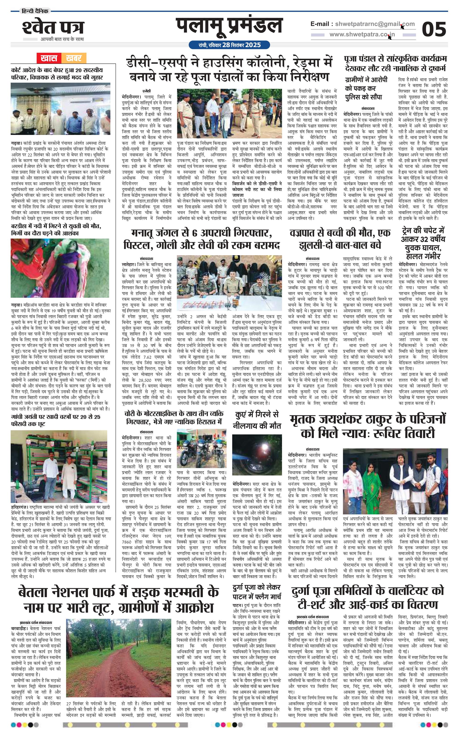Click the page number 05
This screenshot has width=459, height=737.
(434, 29)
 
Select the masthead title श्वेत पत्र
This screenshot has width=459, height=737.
(53, 28)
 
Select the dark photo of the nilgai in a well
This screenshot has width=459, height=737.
(257, 455)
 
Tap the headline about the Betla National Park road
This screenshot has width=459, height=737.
(119, 600)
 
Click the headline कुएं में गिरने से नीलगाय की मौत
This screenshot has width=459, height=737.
(257, 420)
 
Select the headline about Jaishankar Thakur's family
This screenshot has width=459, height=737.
(368, 426)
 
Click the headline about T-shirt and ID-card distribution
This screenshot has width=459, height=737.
(368, 597)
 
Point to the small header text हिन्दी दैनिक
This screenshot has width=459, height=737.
(35, 11)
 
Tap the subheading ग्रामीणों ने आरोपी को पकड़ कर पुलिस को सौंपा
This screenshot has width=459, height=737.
(366, 88)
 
